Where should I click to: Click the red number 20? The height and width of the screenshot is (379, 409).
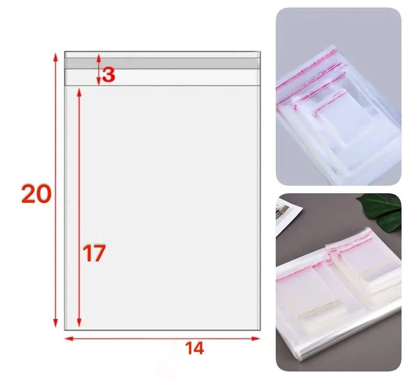tap(36, 194)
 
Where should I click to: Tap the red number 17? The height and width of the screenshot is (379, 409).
tap(94, 253)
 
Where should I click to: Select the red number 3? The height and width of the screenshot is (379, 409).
tap(109, 75)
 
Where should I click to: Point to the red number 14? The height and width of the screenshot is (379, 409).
tap(195, 348)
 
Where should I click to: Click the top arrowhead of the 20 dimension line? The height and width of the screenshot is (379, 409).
tap(55, 57)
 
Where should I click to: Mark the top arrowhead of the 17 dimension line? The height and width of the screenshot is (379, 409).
tap(79, 93)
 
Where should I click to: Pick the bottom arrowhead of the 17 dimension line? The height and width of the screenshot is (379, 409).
tap(79, 322)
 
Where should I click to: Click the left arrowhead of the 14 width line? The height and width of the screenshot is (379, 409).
tap(69, 339)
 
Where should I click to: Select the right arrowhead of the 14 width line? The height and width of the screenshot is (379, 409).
tap(256, 339)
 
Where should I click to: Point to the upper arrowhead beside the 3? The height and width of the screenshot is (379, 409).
tap(98, 58)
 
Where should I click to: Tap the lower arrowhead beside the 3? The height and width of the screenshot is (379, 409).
tap(98, 82)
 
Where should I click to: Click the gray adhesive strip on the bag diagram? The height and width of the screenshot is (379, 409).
tap(162, 64)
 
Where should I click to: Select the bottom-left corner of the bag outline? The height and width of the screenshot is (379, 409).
tap(65, 330)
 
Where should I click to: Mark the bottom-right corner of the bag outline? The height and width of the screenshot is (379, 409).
tap(260, 330)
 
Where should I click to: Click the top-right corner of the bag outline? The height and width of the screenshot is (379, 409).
tap(260, 52)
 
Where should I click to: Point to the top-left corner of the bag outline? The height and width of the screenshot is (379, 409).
tap(65, 52)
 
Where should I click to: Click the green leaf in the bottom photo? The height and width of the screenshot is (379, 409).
tap(381, 211)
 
